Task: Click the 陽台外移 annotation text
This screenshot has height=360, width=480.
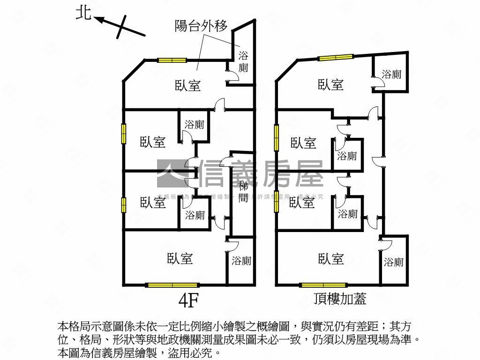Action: [x=201, y=26]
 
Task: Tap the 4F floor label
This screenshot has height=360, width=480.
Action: [x=189, y=301]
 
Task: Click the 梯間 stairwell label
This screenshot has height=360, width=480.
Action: [x=243, y=191]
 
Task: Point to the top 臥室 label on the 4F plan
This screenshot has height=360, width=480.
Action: [x=188, y=86]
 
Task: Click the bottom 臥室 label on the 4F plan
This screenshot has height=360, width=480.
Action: [x=180, y=258]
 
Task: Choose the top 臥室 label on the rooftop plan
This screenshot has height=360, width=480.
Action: [x=331, y=85]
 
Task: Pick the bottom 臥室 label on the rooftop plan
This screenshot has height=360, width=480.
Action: [x=331, y=258]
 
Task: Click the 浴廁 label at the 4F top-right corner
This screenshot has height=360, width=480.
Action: [x=243, y=61]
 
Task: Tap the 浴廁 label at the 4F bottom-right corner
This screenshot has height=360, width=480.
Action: [x=241, y=261]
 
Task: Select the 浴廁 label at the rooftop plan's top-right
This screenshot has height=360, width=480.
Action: [x=391, y=74]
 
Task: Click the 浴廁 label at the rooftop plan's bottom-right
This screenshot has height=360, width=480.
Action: [x=393, y=262]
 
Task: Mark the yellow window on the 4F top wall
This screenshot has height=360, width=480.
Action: [x=172, y=60]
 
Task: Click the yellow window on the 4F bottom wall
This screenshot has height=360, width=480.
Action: [x=172, y=285]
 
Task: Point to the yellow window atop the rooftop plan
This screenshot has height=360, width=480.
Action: [x=336, y=58]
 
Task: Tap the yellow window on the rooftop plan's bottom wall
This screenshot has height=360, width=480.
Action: [x=323, y=285]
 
